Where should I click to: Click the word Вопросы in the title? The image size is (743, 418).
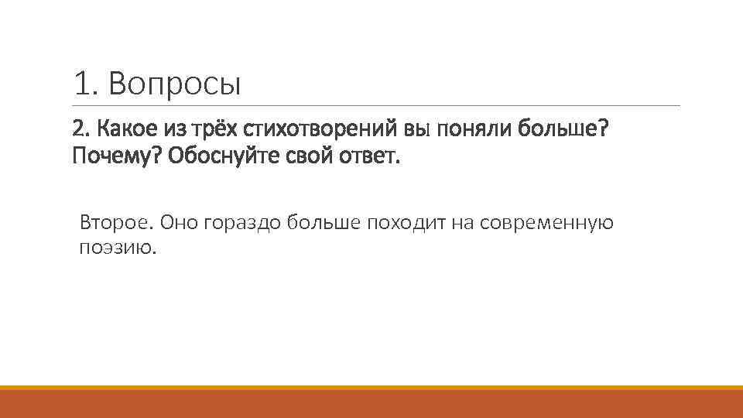pyautogui.click(x=175, y=84)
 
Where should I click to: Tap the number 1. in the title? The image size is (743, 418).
pyautogui.click(x=86, y=84)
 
